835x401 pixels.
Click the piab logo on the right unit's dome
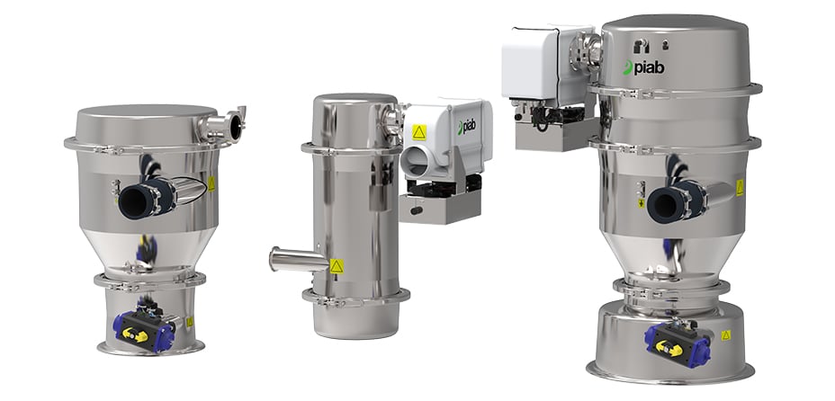pyautogui.click(x=643, y=67)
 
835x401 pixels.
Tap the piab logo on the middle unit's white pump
pyautogui.click(x=466, y=127)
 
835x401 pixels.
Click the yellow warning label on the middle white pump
pyautogui.click(x=419, y=132)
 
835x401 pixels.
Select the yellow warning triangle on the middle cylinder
pyautogui.click(x=336, y=266)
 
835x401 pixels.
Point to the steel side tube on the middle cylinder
pyautogui.click(x=298, y=259)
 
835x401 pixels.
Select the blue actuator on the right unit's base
pyautogui.click(x=676, y=343)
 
